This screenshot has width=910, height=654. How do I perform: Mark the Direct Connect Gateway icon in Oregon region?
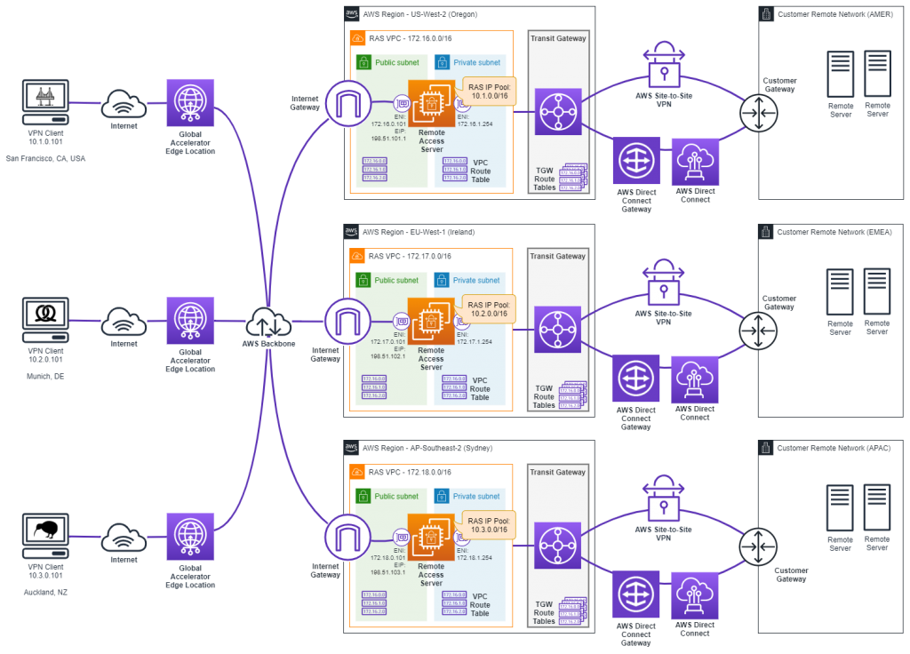point(635,161)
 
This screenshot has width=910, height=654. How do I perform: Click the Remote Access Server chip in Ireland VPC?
point(431,322)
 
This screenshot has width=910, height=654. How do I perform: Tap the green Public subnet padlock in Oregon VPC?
point(363,62)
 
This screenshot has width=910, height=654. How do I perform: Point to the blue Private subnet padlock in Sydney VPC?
point(442,497)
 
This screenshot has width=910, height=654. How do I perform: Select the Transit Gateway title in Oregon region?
point(557,40)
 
